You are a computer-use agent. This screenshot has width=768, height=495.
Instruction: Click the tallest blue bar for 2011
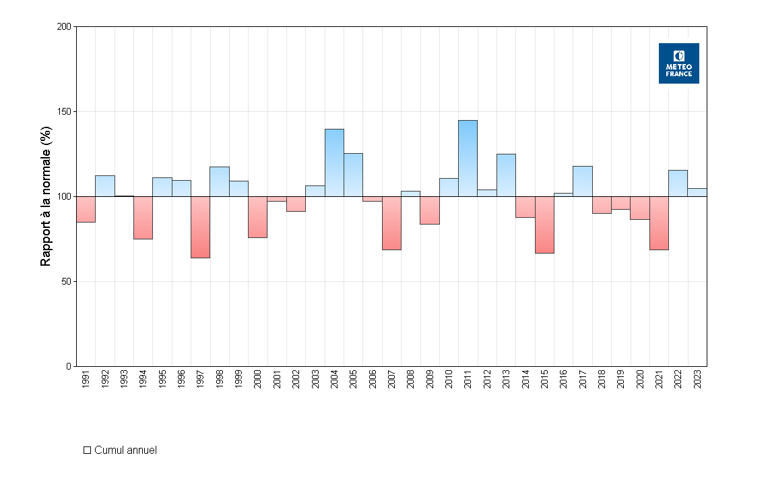click(468, 158)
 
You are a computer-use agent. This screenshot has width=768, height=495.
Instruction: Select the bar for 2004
click(334, 163)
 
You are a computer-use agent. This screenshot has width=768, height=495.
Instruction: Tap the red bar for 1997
click(200, 227)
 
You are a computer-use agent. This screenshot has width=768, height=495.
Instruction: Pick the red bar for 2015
click(544, 225)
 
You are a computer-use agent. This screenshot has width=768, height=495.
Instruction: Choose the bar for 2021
click(659, 223)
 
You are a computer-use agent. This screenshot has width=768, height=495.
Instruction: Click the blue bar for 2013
click(506, 175)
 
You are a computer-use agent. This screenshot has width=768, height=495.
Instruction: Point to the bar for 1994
click(143, 218)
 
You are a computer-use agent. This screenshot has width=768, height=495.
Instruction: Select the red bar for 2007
click(391, 223)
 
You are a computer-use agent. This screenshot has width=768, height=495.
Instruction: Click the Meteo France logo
click(678, 63)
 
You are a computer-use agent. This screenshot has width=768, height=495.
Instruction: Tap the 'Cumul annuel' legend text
click(126, 450)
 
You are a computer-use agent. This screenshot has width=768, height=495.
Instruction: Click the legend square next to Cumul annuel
click(87, 450)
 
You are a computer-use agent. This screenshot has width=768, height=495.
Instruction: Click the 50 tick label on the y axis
click(66, 282)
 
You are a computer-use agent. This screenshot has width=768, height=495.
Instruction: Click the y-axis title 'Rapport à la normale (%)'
click(46, 197)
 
